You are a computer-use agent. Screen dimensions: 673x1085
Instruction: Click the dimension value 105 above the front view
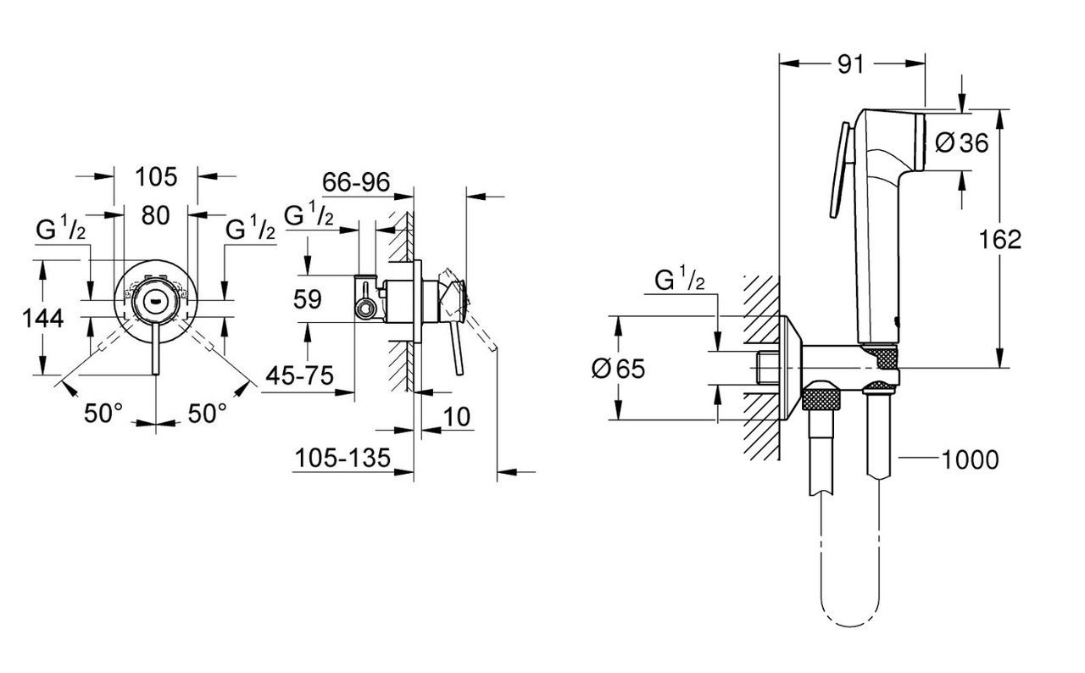tap(156, 176)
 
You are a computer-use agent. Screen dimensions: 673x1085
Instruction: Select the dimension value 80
tap(156, 216)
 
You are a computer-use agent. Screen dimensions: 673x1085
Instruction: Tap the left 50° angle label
tap(103, 413)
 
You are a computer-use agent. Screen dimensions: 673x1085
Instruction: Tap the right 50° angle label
tap(207, 413)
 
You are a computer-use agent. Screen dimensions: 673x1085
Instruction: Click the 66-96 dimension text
tap(355, 181)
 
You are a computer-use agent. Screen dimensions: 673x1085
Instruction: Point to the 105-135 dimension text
tap(342, 459)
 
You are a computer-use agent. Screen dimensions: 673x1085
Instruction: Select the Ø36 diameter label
tap(962, 142)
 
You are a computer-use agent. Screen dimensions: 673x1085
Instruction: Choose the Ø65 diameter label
tap(619, 367)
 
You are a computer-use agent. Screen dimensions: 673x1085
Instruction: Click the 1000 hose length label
tap(970, 459)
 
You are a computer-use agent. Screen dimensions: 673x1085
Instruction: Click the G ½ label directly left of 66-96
tap(309, 217)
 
